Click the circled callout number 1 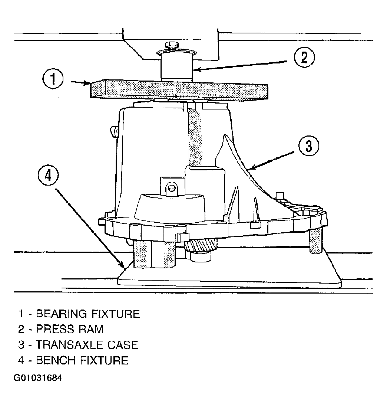[53, 79]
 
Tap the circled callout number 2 [304, 57]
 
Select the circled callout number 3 [308, 145]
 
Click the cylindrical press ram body [176, 66]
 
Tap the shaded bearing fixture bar [179, 90]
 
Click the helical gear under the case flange [200, 246]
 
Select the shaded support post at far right [316, 240]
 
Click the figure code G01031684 [38, 377]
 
